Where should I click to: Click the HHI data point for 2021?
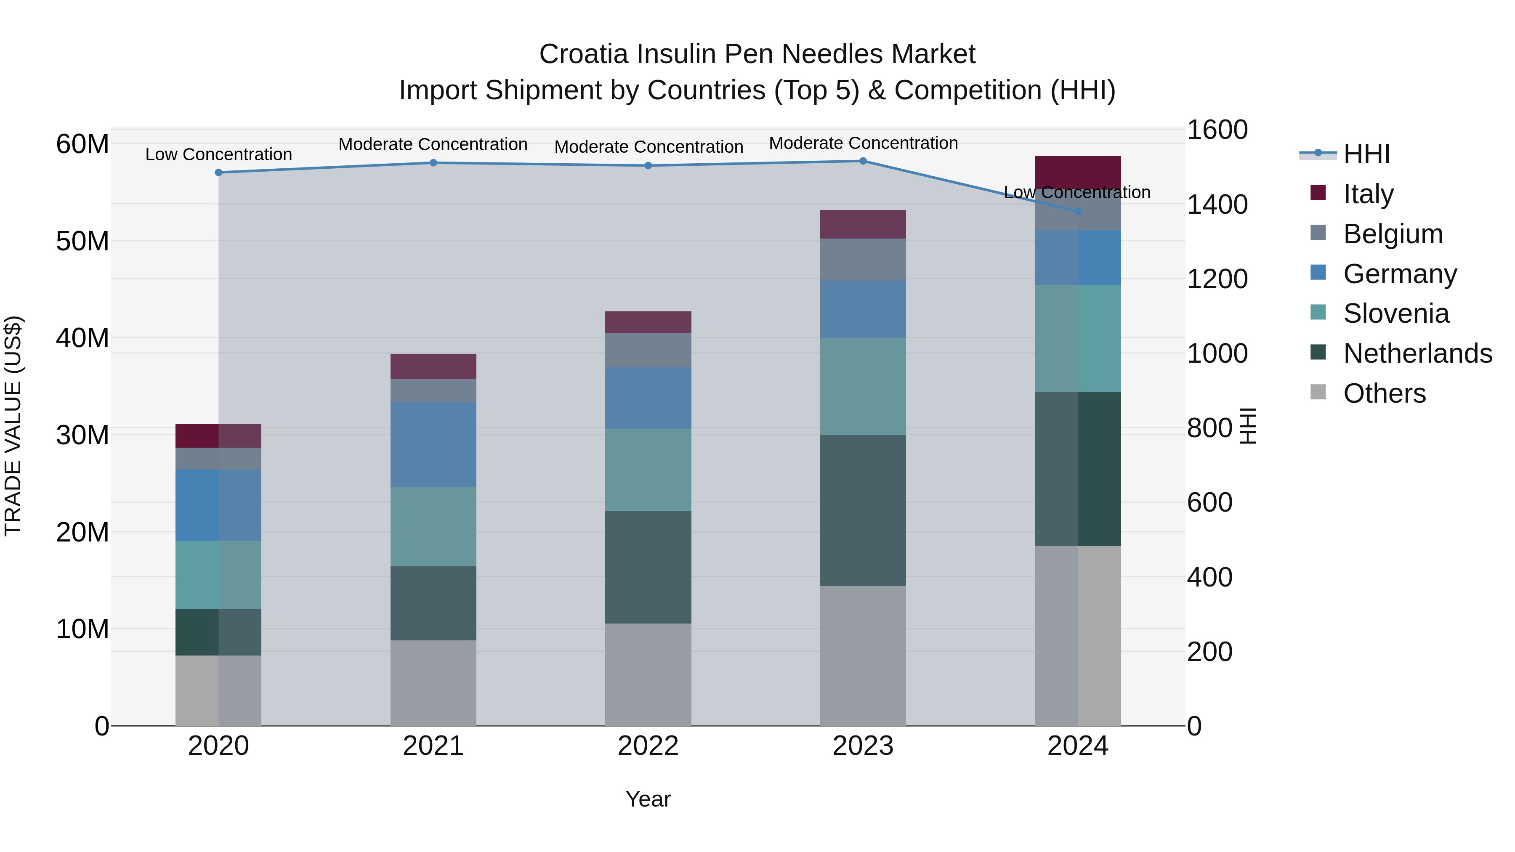[x=433, y=163]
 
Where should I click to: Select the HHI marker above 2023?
[x=863, y=161]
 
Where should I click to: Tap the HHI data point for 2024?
[x=1077, y=211]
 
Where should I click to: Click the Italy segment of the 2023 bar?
[x=863, y=224]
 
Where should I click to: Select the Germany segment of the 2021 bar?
[x=433, y=445]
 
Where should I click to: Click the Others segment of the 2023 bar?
[x=863, y=656]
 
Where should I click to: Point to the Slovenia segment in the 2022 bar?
[x=648, y=470]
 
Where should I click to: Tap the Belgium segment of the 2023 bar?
[x=863, y=259]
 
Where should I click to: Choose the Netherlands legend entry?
[x=1417, y=353]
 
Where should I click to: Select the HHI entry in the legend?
[x=1366, y=154]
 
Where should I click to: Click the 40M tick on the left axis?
[x=82, y=338]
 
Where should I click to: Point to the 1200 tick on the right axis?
[x=1217, y=279]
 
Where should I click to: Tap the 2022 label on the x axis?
[x=648, y=746]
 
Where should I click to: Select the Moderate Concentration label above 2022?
[x=649, y=147]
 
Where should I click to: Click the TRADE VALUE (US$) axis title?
[x=13, y=426]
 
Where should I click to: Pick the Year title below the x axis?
[x=648, y=799]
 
